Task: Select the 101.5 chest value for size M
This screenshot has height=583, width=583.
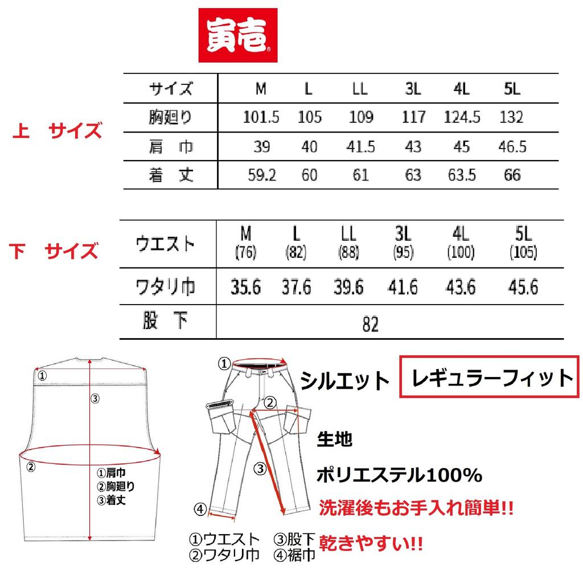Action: [261, 118]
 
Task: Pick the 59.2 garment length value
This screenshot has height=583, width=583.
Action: [261, 175]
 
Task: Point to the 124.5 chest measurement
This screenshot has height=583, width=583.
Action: [462, 118]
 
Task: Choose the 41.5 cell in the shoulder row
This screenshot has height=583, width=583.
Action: [360, 147]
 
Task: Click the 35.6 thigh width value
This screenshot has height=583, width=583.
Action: [246, 288]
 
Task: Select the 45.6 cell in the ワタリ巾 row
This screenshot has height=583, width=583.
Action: [523, 288]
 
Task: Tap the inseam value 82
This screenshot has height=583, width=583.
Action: [370, 324]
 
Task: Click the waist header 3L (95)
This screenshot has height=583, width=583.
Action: [403, 243]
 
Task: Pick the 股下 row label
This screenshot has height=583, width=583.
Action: [165, 322]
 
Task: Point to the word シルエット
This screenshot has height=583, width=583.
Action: [345, 381]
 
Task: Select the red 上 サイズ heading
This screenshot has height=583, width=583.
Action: [57, 132]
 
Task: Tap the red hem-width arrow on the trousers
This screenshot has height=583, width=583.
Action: [223, 515]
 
